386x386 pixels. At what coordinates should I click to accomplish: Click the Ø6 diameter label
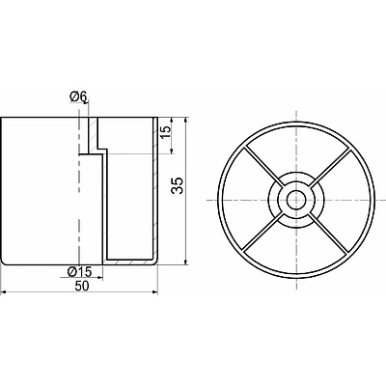tap(77, 96)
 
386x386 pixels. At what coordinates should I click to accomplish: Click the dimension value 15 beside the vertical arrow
tap(165, 132)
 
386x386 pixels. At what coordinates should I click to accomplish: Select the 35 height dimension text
tap(178, 185)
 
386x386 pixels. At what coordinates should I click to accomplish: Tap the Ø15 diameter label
tap(79, 272)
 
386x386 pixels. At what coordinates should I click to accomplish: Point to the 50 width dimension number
tap(81, 286)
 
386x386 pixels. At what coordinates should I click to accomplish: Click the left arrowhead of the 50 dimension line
tap(3, 292)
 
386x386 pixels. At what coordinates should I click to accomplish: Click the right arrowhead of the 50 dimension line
tap(155, 292)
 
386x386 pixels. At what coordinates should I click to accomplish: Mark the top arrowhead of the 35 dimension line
tap(185, 121)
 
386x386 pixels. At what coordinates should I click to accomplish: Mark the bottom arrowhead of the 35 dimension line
tap(185, 262)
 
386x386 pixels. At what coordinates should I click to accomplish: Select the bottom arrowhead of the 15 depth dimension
tap(172, 151)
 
